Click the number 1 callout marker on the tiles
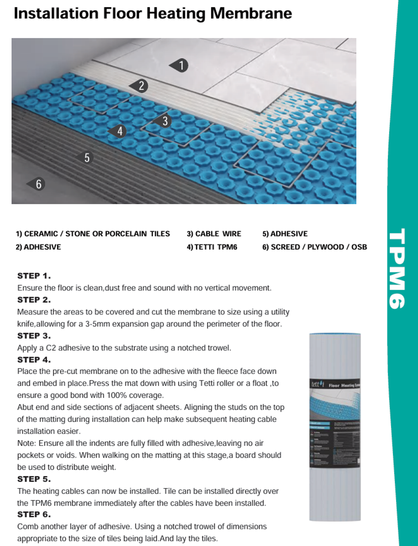pos(180,65)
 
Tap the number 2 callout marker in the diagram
pos(140,86)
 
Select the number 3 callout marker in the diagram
pos(164,121)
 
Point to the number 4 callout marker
pos(118,131)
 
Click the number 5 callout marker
pos(86,158)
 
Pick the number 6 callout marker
pos(38,184)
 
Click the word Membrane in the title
pos(251,13)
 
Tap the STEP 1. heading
pos(34,276)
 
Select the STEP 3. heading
pos(34,336)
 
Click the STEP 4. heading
pos(34,360)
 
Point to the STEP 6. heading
pos(34,515)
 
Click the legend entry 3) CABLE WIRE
pos(214,234)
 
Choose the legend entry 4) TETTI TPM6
pos(212,247)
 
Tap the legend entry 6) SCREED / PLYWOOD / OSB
pos(314,247)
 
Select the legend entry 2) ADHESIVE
pos(38,247)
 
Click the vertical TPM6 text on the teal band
pos(396,268)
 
